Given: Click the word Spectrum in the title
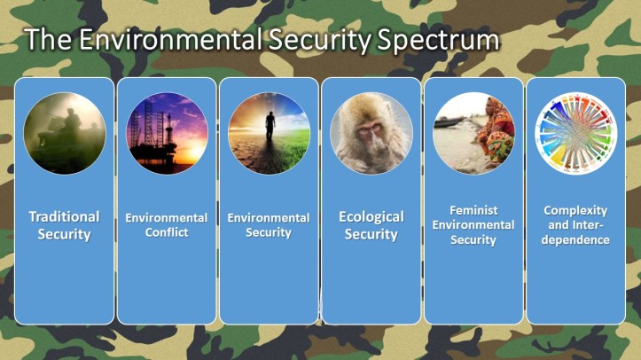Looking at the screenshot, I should (432, 41).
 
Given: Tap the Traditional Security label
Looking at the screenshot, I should (64, 225).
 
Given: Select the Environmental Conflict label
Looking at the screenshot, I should (166, 225).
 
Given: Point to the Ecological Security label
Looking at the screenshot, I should (371, 225).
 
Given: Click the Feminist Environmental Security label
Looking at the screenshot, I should (473, 225).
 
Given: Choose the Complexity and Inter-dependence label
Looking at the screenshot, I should (575, 225).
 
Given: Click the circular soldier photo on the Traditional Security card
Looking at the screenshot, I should (64, 133).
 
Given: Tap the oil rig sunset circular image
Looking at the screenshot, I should (166, 133).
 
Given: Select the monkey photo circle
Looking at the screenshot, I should (371, 133).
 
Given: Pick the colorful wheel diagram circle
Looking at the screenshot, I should (575, 133).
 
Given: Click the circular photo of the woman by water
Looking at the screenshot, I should (473, 133).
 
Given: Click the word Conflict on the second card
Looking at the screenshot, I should (167, 233).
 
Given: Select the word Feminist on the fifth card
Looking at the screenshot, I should (473, 211).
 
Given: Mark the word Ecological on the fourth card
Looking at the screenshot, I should (371, 217).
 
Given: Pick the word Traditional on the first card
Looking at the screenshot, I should (64, 217).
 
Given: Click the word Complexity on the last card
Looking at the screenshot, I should (575, 211).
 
